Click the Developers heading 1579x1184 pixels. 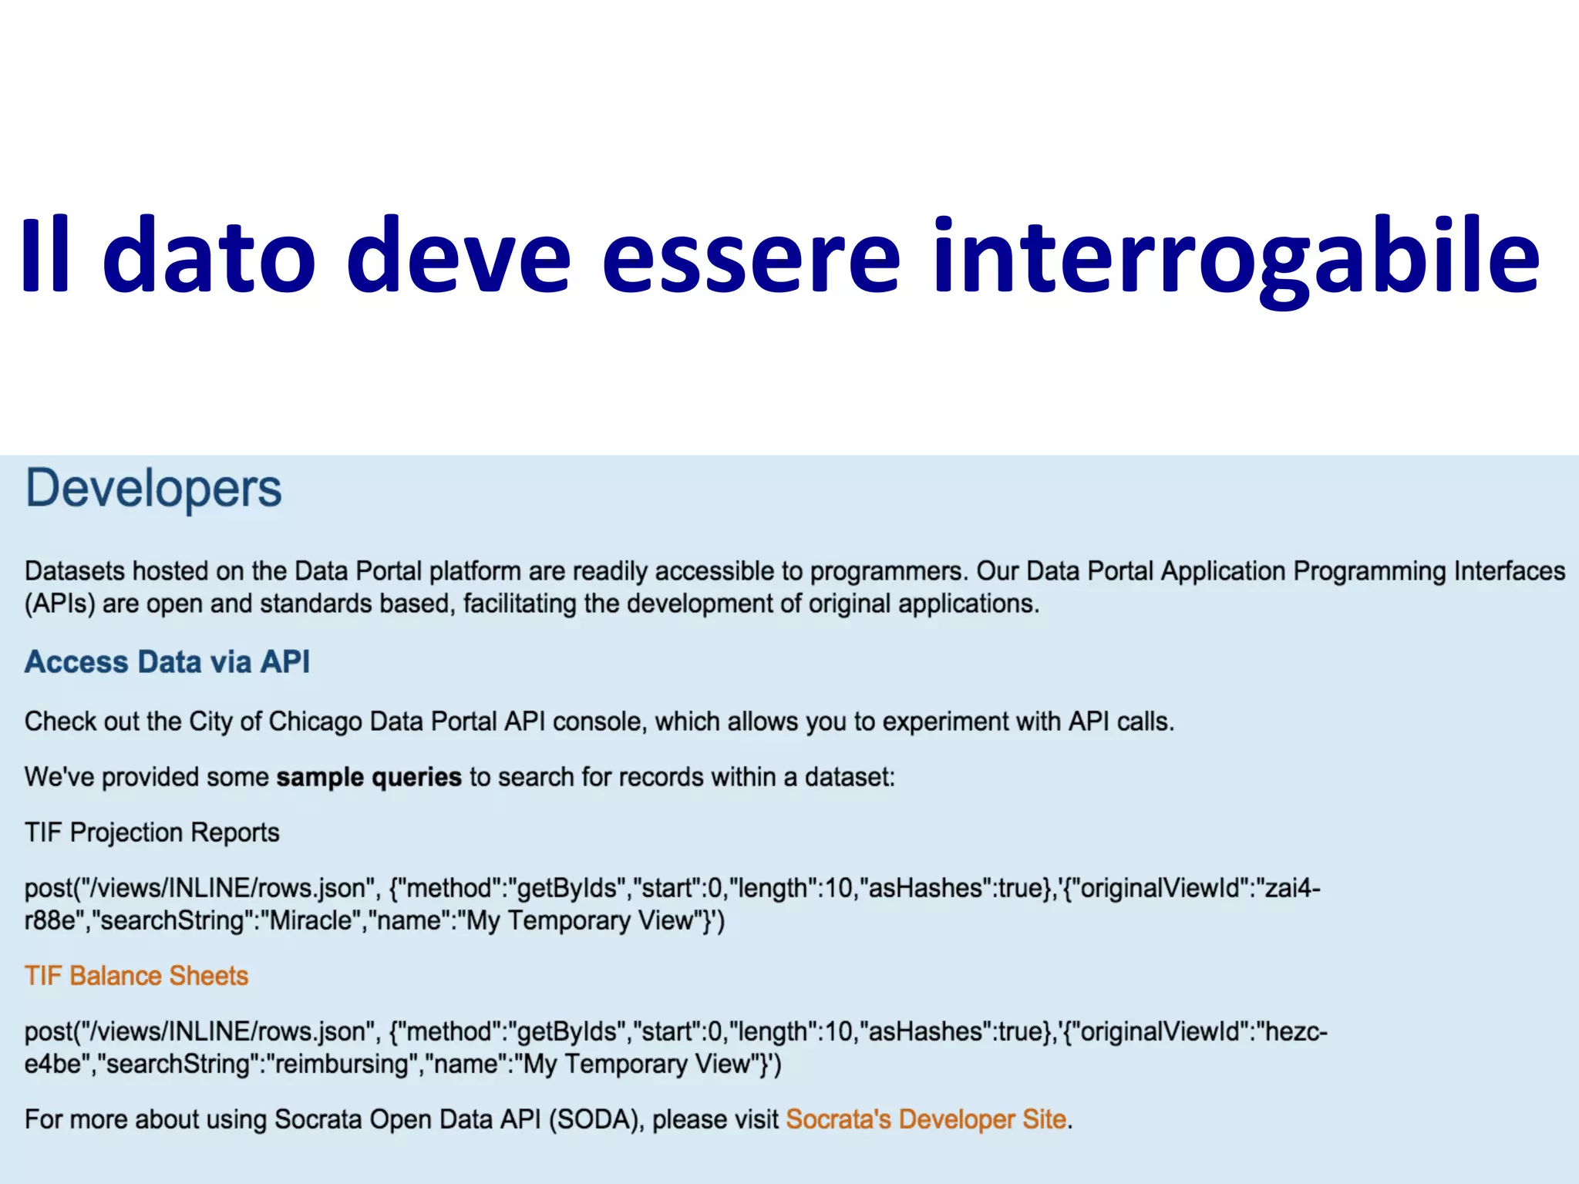[153, 489]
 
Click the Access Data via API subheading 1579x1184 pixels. [167, 662]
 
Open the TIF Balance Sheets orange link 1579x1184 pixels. [136, 976]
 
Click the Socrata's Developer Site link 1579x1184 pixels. [926, 1119]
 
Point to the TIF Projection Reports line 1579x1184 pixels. [152, 832]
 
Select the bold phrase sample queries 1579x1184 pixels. [369, 777]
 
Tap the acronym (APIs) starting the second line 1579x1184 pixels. [59, 604]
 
